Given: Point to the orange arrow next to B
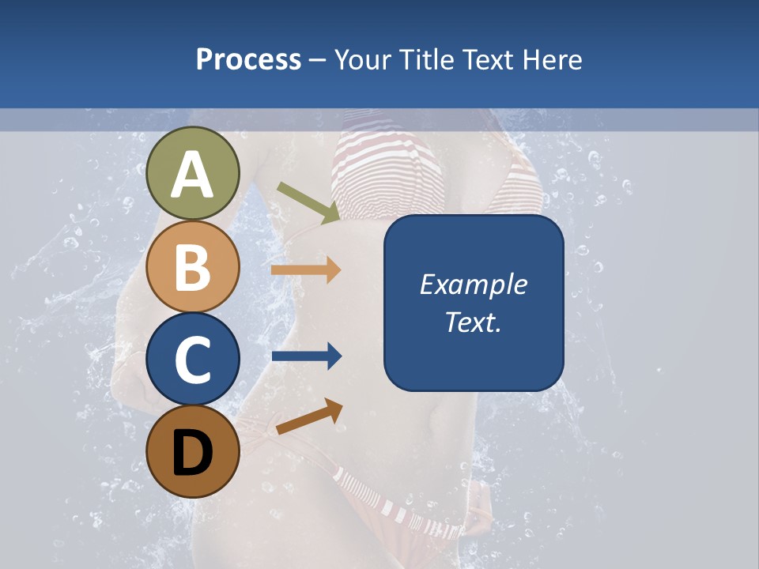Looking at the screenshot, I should click(x=306, y=270).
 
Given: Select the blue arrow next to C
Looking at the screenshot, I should click(x=307, y=356).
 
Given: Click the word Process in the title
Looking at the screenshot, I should click(x=248, y=59).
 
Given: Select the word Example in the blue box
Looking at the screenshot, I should click(x=473, y=284).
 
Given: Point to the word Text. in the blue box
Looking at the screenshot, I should click(x=473, y=322).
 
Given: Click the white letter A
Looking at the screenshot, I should click(x=192, y=175).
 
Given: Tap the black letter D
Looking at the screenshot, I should click(x=192, y=454).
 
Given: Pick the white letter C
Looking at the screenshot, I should click(x=193, y=360).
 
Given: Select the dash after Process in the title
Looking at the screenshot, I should click(x=318, y=60).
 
